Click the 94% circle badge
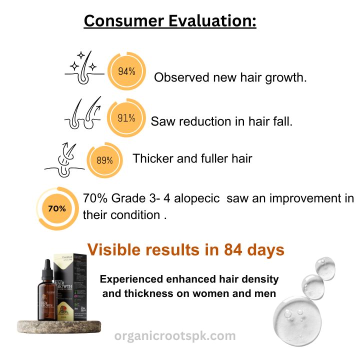126,71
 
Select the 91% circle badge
126,118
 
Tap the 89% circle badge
104,160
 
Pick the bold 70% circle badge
57,208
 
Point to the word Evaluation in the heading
214,21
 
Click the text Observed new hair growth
230,78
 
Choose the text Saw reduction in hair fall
221,121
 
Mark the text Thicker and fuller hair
192,158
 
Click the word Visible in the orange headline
114,249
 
